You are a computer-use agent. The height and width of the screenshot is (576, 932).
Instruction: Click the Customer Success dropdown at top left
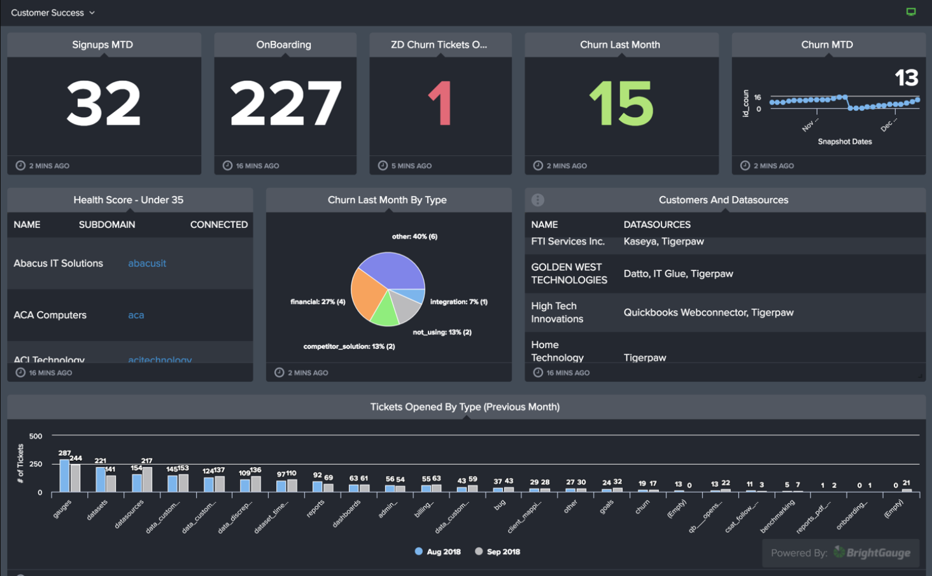(x=53, y=13)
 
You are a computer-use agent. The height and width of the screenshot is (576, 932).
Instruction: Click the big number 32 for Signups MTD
(x=104, y=104)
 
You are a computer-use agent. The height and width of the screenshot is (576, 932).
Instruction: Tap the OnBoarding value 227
(x=285, y=104)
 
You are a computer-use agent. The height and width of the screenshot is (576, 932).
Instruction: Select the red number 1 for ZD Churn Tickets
(x=440, y=104)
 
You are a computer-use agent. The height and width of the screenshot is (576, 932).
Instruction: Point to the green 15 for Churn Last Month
(x=621, y=104)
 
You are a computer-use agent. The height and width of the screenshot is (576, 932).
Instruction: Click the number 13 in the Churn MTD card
(x=906, y=78)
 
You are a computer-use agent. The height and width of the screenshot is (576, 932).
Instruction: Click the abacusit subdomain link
(x=147, y=263)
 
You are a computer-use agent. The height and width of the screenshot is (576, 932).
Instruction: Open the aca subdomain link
(x=136, y=315)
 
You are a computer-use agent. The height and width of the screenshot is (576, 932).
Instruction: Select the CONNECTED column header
(x=218, y=225)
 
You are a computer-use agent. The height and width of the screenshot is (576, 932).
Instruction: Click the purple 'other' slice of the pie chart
(x=392, y=270)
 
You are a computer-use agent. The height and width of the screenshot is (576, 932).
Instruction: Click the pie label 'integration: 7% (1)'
(x=458, y=302)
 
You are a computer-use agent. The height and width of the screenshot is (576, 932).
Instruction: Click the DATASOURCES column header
(x=657, y=225)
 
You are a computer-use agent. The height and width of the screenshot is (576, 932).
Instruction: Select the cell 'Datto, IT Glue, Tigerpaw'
(x=678, y=274)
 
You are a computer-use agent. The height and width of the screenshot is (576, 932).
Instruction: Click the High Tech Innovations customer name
(x=557, y=313)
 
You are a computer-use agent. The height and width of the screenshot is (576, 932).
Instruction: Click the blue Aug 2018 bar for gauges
(x=64, y=475)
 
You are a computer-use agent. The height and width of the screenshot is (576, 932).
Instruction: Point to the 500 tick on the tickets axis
(x=36, y=436)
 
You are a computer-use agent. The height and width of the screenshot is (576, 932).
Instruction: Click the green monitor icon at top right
(x=911, y=12)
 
